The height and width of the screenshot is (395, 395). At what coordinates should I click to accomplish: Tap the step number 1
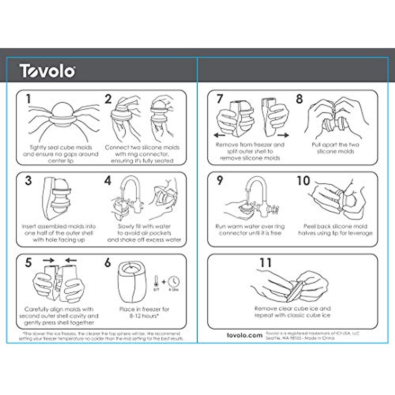pos(29,99)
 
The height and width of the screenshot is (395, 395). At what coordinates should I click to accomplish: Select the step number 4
pos(108,181)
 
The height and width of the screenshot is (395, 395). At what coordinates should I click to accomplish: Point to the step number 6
pos(108,263)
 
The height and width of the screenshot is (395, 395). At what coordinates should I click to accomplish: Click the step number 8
pos(299,99)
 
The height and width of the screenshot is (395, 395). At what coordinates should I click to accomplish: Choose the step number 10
pos(303,181)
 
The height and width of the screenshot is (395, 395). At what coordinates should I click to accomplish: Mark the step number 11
pos(265,263)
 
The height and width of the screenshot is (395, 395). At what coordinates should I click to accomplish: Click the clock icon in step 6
pos(173,282)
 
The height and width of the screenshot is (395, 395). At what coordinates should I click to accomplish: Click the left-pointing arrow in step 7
pos(219,135)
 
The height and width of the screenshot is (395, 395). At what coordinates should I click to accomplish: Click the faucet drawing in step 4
pos(130,194)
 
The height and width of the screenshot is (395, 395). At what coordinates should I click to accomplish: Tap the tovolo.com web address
pos(245,335)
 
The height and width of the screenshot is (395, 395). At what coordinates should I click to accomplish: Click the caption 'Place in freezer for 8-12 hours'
pos(144,312)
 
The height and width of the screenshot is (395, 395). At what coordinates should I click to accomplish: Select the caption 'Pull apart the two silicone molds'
pos(335,148)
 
